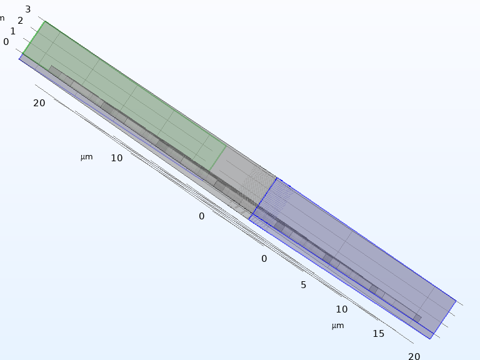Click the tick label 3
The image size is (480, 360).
[x=28, y=9]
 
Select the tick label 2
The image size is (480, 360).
[x=20, y=21]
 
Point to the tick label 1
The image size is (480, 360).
[x=13, y=31]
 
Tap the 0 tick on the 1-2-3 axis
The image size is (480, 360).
[x=6, y=42]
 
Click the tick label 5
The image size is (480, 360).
[x=303, y=285]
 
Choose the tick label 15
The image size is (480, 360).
[x=378, y=334]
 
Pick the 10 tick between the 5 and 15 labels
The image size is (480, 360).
[x=342, y=309]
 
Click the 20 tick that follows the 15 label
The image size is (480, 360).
[x=414, y=356]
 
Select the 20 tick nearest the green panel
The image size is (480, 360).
[x=39, y=103]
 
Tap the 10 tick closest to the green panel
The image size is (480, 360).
[x=117, y=158]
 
